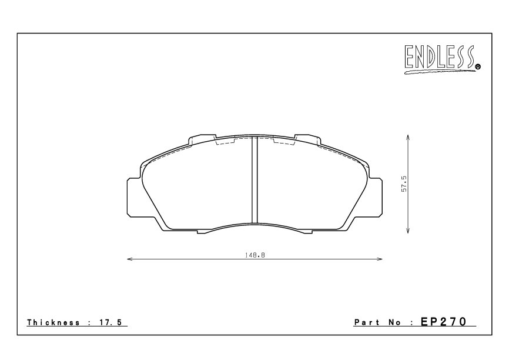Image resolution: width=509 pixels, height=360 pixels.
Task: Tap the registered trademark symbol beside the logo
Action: (x=478, y=67)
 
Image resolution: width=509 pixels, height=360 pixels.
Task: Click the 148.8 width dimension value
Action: (x=254, y=255)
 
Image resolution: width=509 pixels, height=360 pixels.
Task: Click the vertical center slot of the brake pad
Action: (x=254, y=179)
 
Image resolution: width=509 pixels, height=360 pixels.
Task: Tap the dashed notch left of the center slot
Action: (x=225, y=142)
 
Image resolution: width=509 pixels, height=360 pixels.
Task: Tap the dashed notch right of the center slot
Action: (x=284, y=142)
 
